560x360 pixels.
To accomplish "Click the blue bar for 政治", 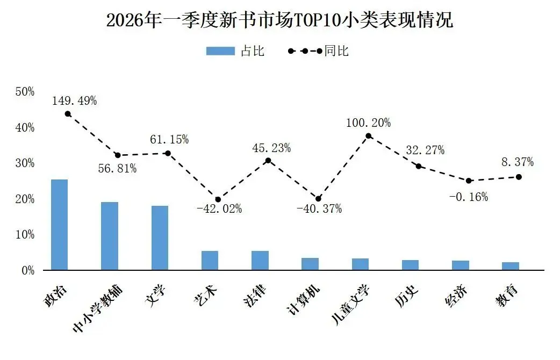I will (x=59, y=225).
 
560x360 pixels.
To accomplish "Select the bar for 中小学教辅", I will (x=110, y=236).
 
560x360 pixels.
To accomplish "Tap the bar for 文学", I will (x=160, y=237).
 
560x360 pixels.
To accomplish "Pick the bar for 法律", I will (x=260, y=260).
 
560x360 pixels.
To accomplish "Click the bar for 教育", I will (x=511, y=266).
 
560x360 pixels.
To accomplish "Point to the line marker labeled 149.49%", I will (x=68, y=114).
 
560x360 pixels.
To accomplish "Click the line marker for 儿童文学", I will (x=369, y=136).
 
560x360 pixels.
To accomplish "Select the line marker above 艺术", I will (x=218, y=199).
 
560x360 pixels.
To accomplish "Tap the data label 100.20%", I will (x=369, y=123).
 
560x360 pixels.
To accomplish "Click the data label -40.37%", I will (x=319, y=209).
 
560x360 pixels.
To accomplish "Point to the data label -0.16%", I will (x=469, y=197).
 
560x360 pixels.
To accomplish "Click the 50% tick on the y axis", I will (x=25, y=92).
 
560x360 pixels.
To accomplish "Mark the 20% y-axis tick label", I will (x=25, y=199).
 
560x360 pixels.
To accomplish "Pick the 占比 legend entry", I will (x=235, y=51).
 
